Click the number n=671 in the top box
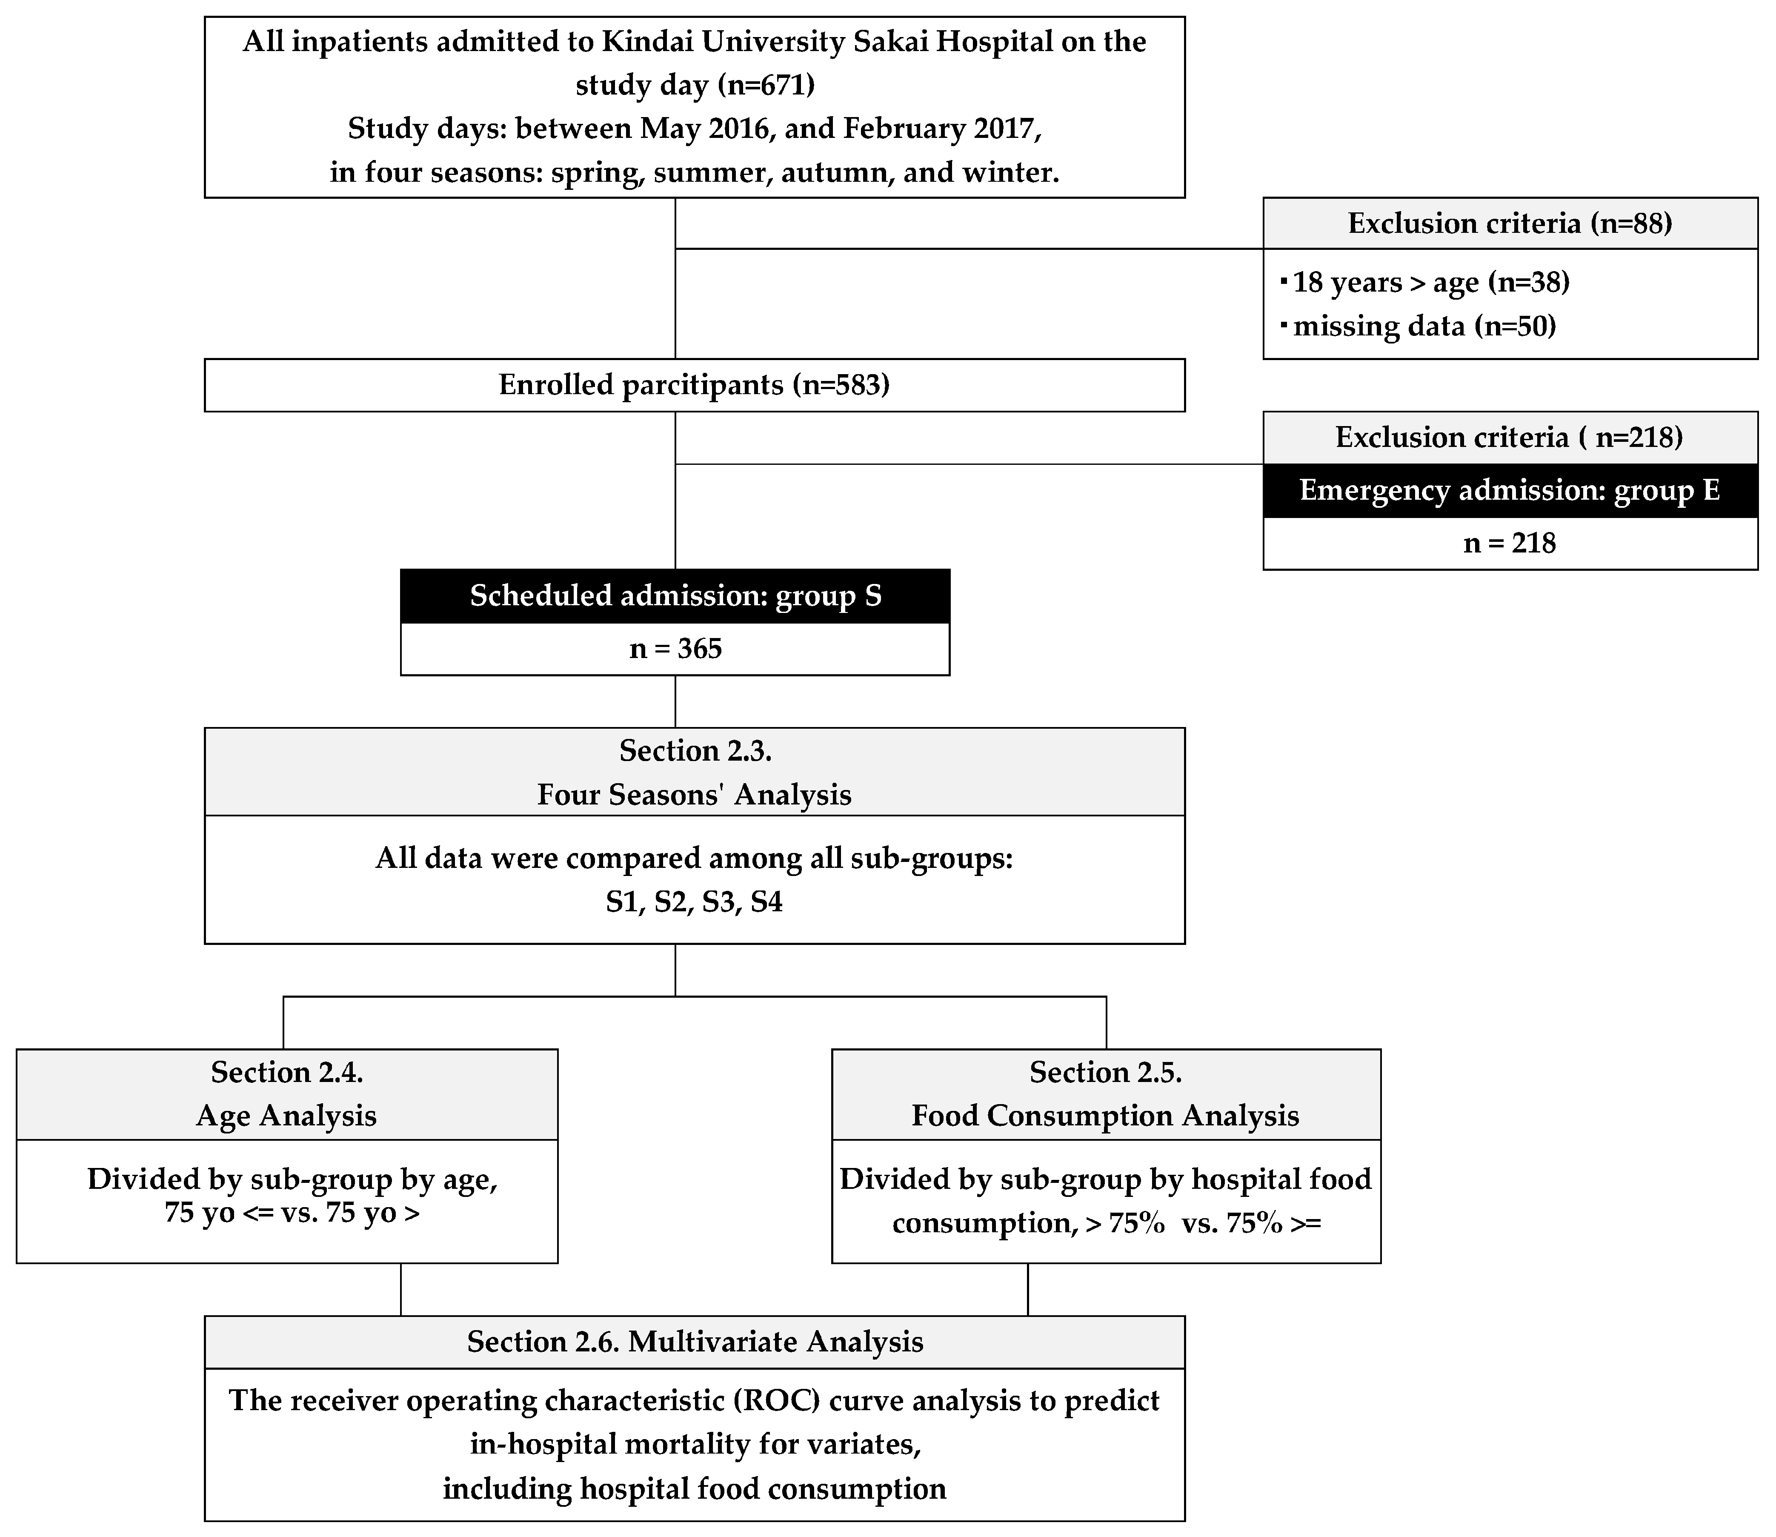coord(766,85)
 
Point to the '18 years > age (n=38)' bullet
coord(1430,282)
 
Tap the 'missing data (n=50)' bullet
coord(1424,326)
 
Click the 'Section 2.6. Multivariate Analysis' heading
coord(695,1342)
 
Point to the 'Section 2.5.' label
coord(1105,1072)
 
